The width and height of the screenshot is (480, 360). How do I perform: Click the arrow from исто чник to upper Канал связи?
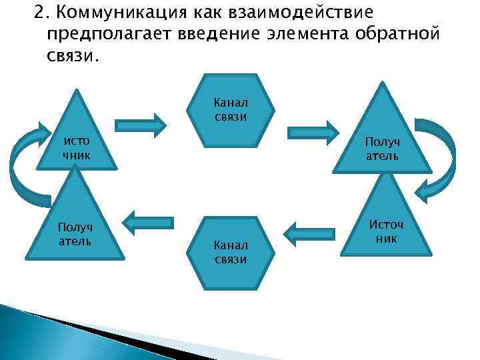pyautogui.click(x=141, y=125)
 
